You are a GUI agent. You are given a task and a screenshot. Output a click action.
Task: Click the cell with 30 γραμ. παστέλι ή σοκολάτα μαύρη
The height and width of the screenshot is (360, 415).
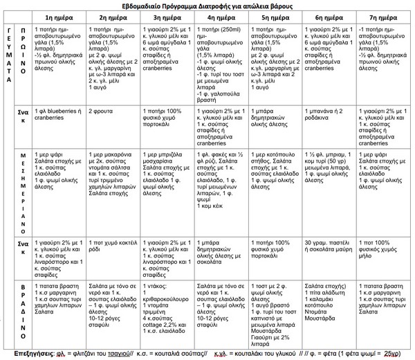pyautogui.click(x=328, y=246)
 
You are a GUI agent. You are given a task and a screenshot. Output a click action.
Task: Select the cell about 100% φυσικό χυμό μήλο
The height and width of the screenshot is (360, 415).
pyautogui.click(x=382, y=246)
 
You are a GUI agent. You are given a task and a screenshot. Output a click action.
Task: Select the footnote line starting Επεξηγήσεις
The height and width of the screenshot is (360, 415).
pyautogui.click(x=207, y=352)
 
